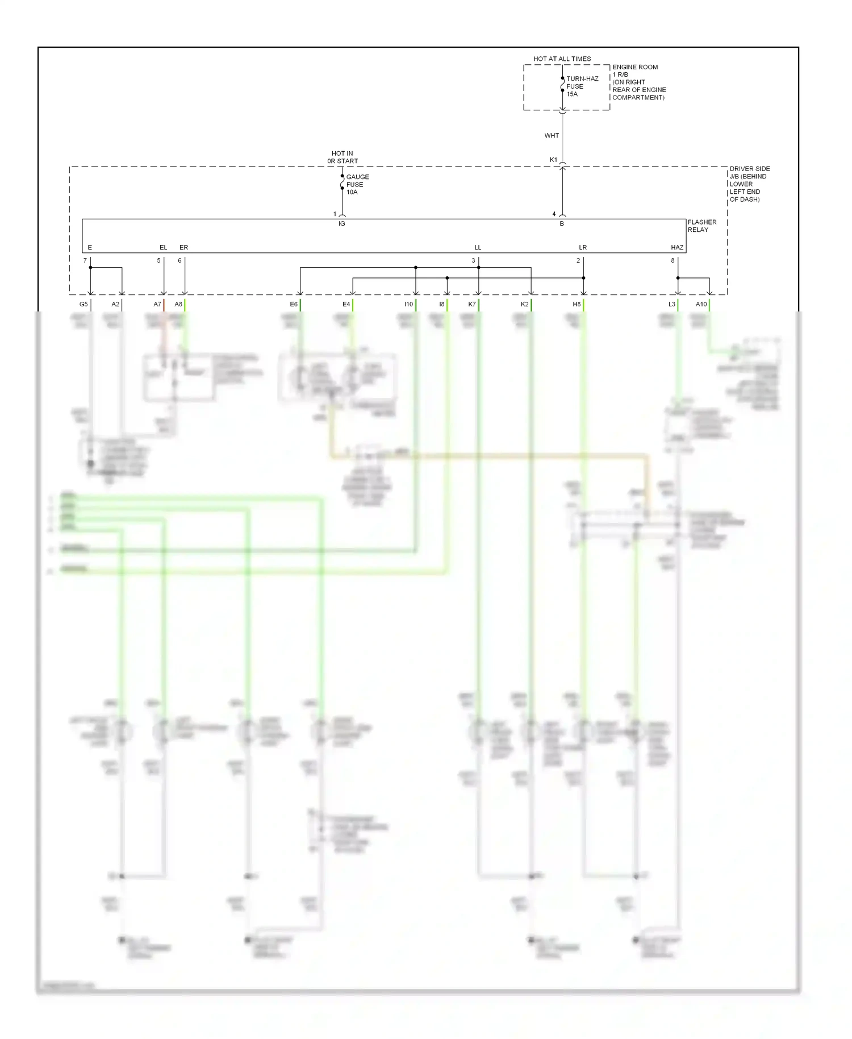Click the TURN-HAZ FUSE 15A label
582,86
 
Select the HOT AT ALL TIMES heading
562,59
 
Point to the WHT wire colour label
552,136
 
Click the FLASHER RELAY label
701,226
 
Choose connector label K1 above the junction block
553,160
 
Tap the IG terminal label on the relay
341,224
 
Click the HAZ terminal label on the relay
676,248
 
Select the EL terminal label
163,248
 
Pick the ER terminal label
183,248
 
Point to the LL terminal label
478,248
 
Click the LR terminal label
583,248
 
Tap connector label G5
83,305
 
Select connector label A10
701,305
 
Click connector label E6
294,305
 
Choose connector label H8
577,305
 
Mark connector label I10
408,305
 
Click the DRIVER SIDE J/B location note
749,184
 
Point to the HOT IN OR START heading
343,157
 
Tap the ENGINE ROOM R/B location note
638,82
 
